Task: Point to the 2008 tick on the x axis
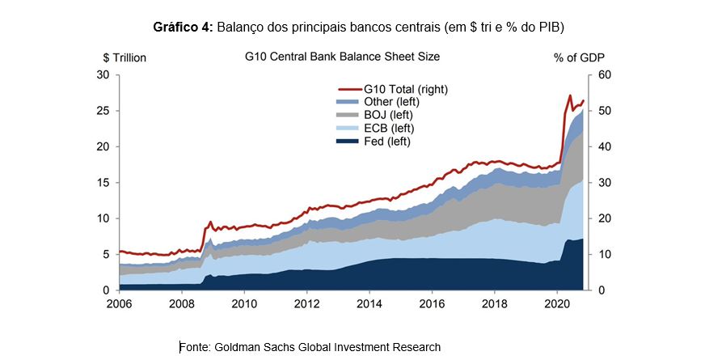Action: [181, 304]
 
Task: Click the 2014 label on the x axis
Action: [369, 304]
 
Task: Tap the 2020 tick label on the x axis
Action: [557, 304]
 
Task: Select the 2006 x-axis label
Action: [119, 304]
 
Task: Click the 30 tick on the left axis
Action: [103, 74]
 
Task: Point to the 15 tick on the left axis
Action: [103, 182]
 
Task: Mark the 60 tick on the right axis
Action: [605, 74]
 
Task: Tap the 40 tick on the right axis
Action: [605, 146]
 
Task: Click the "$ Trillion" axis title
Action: [125, 57]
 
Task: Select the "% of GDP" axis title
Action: [579, 57]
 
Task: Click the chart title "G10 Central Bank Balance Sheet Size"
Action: [342, 57]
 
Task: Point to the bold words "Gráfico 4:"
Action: [183, 27]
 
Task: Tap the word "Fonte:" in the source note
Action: [196, 347]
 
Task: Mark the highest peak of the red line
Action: [570, 95]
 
